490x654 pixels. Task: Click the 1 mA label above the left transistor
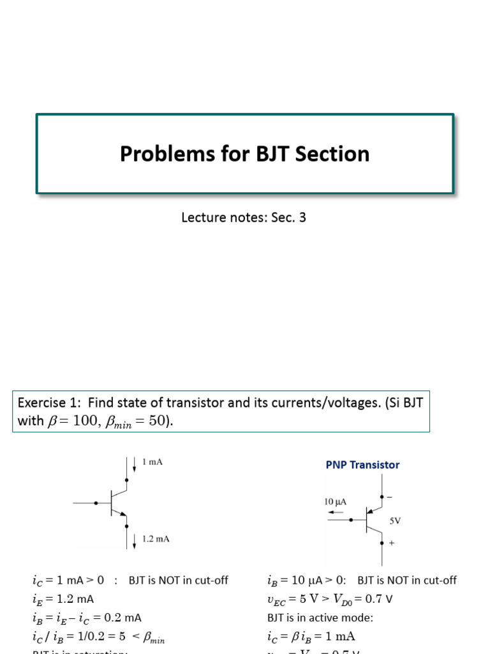[152, 462]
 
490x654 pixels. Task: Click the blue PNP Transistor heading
[362, 465]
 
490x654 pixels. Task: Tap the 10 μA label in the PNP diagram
[336, 502]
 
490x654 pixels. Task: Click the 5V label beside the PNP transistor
[395, 520]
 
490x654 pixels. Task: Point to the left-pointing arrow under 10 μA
[335, 512]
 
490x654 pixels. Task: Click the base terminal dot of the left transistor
[96, 503]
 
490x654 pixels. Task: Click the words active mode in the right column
[325, 618]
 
